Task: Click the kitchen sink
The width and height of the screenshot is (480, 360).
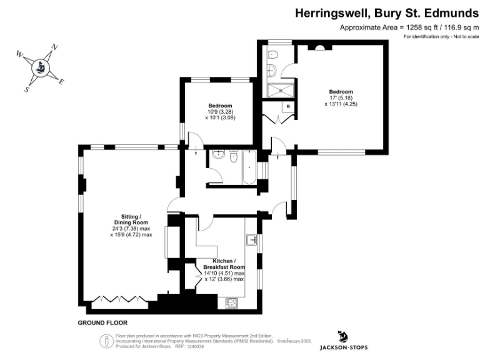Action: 252,239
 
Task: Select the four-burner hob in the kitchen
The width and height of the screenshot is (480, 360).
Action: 231,303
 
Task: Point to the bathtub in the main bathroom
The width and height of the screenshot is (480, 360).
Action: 248,167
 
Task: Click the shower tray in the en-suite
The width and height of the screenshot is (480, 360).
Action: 281,91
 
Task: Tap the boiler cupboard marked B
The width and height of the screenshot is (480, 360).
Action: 287,107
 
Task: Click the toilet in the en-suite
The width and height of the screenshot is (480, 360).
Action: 273,55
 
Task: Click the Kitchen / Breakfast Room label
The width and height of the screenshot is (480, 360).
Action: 224,264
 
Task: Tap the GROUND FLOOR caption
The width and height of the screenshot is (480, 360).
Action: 102,323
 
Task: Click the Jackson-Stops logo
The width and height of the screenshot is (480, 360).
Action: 343,341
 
